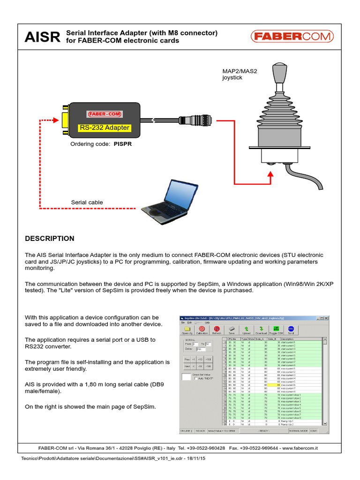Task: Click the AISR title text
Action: point(42,37)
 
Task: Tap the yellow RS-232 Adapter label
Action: point(104,127)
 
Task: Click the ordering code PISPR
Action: point(122,144)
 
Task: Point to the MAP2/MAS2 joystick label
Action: point(240,74)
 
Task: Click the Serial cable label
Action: point(87,202)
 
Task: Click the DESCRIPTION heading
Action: point(49,239)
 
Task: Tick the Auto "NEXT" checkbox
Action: point(196,378)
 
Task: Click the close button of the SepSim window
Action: point(327,318)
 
